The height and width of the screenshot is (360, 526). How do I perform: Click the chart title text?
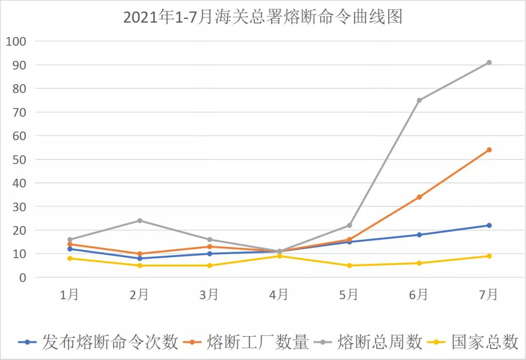click(x=263, y=17)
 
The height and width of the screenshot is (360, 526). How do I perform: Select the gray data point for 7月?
click(x=489, y=62)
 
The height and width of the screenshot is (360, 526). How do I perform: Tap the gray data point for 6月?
click(x=419, y=100)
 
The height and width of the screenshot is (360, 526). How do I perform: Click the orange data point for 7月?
click(x=489, y=150)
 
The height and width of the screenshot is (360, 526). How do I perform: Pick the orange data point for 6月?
click(x=419, y=197)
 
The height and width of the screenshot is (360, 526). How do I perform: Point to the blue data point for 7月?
click(x=489, y=225)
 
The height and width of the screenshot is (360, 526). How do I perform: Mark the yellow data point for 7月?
click(x=489, y=256)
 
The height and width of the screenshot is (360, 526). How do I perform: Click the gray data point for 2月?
click(x=139, y=221)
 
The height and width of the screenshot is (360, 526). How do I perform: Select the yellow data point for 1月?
click(x=70, y=258)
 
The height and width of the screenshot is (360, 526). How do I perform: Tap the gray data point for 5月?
click(x=349, y=225)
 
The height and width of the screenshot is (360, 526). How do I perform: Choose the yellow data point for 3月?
click(x=209, y=265)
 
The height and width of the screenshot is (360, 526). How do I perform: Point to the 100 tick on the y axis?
click(x=16, y=41)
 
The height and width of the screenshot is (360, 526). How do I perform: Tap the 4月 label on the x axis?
click(x=279, y=295)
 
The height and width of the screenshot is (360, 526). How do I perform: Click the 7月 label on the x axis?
click(x=488, y=295)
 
